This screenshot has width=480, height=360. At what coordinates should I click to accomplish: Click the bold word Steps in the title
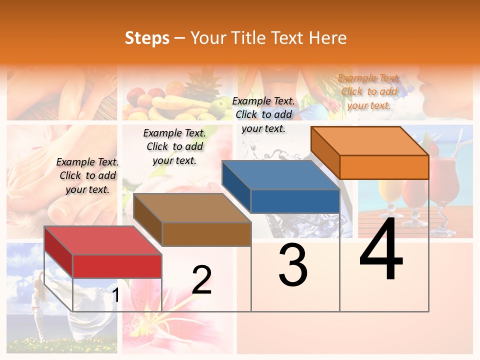(147, 38)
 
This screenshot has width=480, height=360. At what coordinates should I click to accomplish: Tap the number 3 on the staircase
(293, 265)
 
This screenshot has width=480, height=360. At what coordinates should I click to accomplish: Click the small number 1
(115, 295)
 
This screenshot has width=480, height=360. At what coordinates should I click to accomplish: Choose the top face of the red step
(102, 240)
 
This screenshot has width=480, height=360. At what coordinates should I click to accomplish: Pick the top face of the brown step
(192, 208)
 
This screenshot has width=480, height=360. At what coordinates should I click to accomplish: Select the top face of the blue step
(280, 175)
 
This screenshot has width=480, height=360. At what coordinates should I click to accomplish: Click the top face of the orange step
(369, 141)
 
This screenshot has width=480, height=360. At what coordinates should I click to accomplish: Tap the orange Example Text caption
(369, 91)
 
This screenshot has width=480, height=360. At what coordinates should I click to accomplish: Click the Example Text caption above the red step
(87, 175)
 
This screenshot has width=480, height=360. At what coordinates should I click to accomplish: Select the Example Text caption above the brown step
(174, 146)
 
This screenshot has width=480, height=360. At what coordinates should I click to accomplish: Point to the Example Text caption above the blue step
(263, 114)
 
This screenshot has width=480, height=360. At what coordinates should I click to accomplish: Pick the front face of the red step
(117, 266)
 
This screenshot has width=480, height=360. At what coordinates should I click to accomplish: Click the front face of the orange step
(384, 167)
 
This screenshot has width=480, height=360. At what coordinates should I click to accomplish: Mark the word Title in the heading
(248, 38)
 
